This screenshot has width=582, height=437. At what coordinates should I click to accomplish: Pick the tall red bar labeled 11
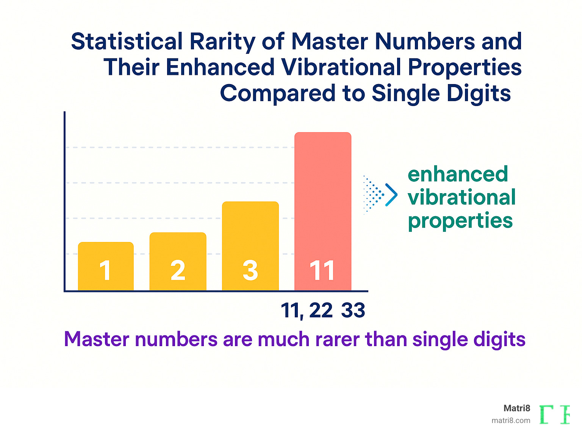click(323, 197)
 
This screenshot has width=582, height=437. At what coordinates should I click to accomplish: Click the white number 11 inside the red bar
click(322, 271)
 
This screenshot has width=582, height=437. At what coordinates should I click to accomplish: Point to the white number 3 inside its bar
click(250, 271)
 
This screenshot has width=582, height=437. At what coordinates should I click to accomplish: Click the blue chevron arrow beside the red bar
click(391, 195)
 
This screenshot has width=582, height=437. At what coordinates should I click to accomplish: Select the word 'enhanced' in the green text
click(458, 174)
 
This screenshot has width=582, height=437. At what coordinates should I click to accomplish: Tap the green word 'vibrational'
click(462, 197)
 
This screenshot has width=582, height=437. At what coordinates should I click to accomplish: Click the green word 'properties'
click(460, 221)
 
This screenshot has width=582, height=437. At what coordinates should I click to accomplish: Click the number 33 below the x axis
click(353, 311)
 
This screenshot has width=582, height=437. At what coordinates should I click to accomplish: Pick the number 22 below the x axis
click(321, 311)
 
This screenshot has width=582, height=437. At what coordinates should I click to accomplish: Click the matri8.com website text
click(511, 420)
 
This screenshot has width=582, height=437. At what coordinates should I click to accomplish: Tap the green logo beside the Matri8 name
click(554, 414)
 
